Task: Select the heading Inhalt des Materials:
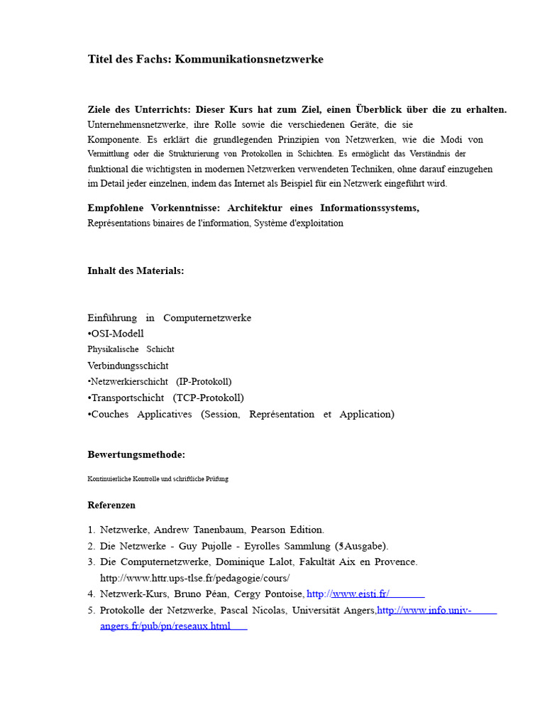click(136, 270)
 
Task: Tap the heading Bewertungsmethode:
click(136, 454)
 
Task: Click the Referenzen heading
click(111, 505)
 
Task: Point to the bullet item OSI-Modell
click(117, 334)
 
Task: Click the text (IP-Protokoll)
click(204, 382)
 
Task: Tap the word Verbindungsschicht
click(128, 366)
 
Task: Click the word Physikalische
click(113, 349)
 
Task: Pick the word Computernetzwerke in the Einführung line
click(207, 317)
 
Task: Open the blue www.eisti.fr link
click(360, 594)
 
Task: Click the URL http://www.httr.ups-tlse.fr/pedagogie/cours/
click(195, 578)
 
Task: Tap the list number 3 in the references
click(91, 562)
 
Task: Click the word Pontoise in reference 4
click(283, 594)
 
